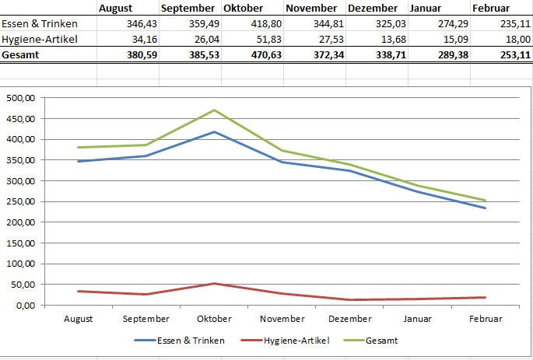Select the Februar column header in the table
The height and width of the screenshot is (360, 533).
coord(491,9)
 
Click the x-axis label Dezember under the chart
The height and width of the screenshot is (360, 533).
coord(350,319)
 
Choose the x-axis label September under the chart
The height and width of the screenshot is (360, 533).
coord(146,319)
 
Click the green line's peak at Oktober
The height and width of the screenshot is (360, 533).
coord(214,110)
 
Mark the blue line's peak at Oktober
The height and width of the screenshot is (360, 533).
coord(214,132)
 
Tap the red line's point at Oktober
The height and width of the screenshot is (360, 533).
coord(214,284)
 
